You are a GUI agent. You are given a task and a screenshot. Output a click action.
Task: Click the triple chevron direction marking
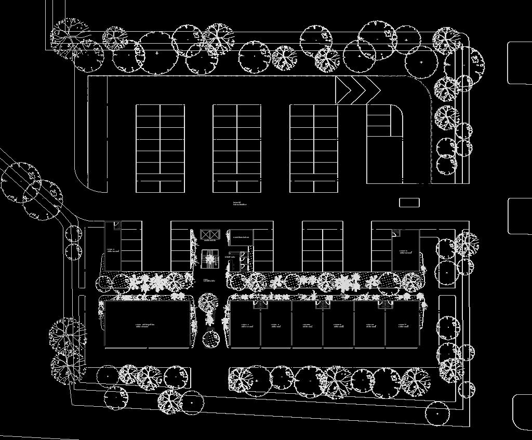pyautogui.click(x=357, y=89)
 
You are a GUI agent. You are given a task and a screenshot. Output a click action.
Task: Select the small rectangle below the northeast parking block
pyautogui.click(x=409, y=202)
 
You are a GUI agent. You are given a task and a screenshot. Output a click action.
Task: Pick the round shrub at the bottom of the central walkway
pyautogui.click(x=211, y=339)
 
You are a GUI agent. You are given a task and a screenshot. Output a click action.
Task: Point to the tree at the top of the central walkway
pyautogui.click(x=208, y=301)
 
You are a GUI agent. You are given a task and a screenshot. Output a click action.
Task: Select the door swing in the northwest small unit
pyautogui.click(x=117, y=225)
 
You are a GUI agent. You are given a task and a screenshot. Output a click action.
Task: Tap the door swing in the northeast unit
pyautogui.click(x=396, y=233)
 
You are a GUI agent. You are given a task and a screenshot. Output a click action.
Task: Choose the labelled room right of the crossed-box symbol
pyautogui.click(x=241, y=237)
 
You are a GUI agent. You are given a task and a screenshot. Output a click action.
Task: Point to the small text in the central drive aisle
pyautogui.click(x=240, y=204)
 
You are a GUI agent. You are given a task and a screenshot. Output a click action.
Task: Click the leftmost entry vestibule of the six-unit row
pyautogui.click(x=259, y=304)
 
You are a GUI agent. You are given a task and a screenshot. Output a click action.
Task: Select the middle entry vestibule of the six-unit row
pyautogui.click(x=323, y=304)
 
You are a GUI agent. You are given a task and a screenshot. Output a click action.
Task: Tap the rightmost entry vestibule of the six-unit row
pyautogui.click(x=385, y=304)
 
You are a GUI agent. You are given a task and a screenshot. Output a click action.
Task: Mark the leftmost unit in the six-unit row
pyautogui.click(x=245, y=326)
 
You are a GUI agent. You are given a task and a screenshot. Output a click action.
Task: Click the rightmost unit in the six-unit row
pyautogui.click(x=402, y=326)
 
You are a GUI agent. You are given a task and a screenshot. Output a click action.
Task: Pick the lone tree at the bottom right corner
pyautogui.click(x=437, y=413)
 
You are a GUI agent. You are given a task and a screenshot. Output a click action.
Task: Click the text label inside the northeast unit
pyautogui.click(x=406, y=252)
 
